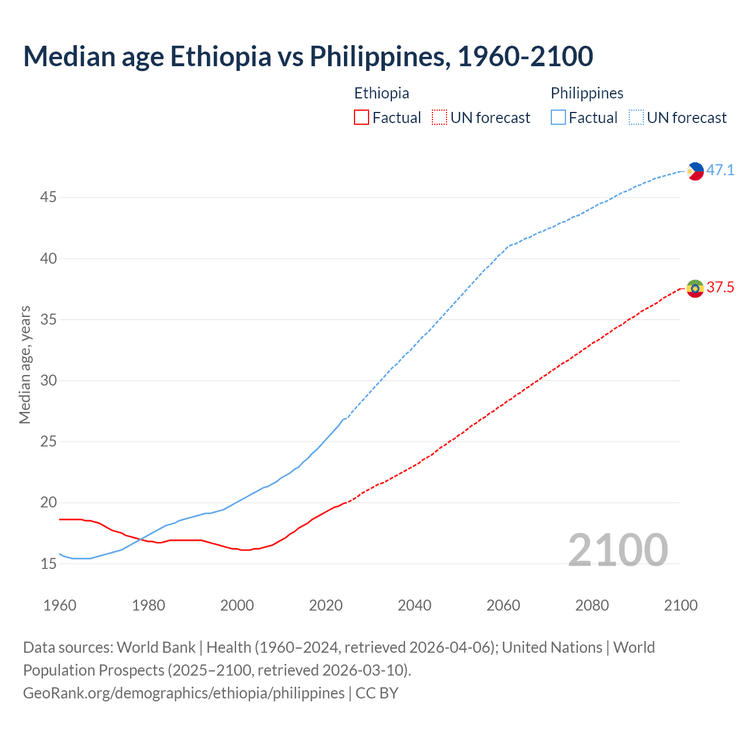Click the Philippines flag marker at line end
[695, 171]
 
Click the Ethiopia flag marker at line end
[695, 288]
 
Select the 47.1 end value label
[720, 171]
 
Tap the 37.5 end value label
[720, 288]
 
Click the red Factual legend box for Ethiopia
[362, 118]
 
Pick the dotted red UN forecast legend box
[439, 118]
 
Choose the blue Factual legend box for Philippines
[558, 118]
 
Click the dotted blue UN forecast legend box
[636, 118]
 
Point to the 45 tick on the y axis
[48, 197]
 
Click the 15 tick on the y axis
[48, 564]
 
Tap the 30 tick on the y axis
[48, 381]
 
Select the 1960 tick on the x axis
[60, 605]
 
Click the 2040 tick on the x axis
[414, 605]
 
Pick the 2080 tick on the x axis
[592, 605]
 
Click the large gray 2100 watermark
[618, 550]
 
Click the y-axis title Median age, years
[25, 364]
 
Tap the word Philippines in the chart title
[377, 56]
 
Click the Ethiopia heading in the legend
[381, 93]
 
